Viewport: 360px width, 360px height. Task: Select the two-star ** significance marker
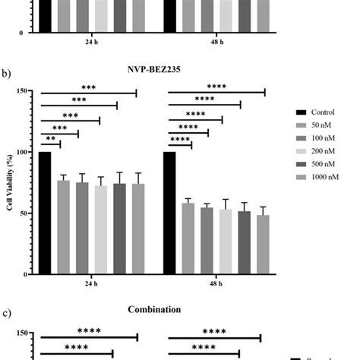[50, 140]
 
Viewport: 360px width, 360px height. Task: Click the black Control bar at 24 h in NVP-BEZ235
[46, 213]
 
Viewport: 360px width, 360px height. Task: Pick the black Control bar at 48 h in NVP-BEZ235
[170, 213]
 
